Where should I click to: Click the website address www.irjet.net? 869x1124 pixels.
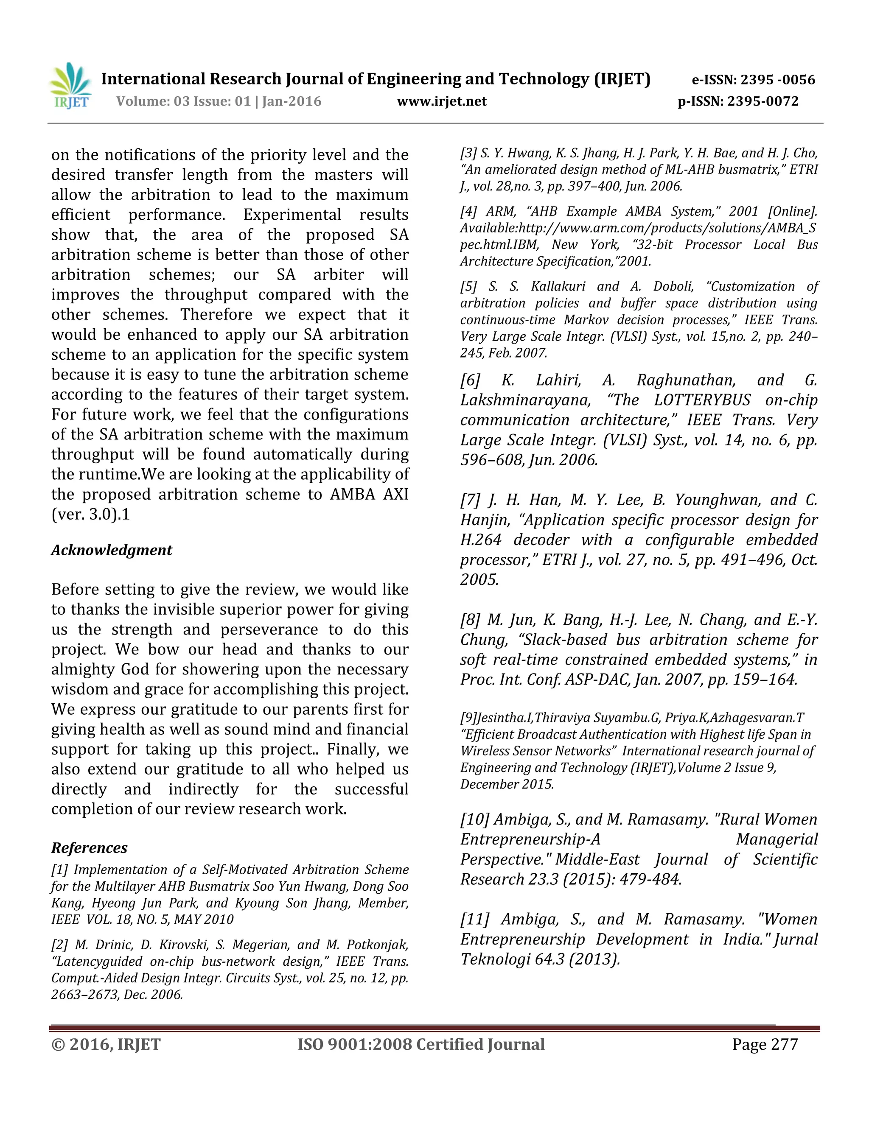(441, 101)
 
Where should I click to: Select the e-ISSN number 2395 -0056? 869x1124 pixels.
(777, 80)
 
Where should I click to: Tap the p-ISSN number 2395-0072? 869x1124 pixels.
(762, 101)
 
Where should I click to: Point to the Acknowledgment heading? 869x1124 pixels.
(111, 550)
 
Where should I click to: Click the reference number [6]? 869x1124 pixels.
(470, 381)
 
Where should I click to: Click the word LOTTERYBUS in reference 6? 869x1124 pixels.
(702, 400)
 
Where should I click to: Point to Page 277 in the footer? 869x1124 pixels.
(765, 1045)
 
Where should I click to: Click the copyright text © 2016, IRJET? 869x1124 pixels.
(106, 1045)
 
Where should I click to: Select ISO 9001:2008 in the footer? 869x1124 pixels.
(355, 1045)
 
